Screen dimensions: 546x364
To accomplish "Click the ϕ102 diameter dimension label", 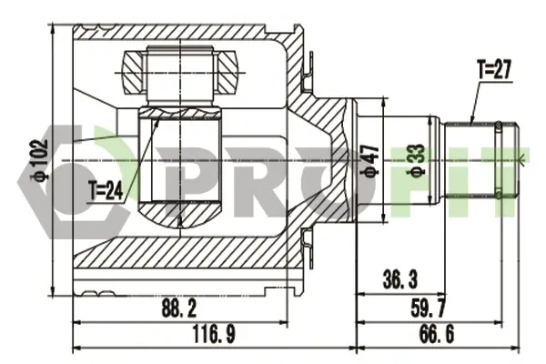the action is coord(38,160).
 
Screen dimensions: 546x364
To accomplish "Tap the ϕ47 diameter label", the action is coord(371,161).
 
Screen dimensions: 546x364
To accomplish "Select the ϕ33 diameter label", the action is coord(417,161).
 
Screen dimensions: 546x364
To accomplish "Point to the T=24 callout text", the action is coord(106,191).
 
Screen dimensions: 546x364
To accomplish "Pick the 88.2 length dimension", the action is coord(179,308).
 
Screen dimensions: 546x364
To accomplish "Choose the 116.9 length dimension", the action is coord(214,334).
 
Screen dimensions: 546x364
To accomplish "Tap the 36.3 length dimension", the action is coord(399,279).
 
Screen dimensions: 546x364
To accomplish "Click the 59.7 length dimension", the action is coord(428,308).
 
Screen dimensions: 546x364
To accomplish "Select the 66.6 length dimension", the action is coord(437,334).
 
